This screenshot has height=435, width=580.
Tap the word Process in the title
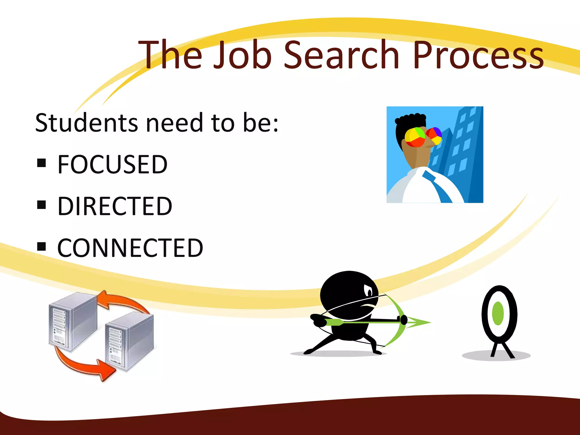click(x=478, y=54)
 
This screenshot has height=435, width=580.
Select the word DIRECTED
click(x=115, y=206)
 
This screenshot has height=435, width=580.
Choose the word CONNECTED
click(x=130, y=248)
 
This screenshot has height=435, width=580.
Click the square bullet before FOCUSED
click(x=41, y=163)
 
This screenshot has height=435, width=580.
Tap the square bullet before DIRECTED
click(x=41, y=204)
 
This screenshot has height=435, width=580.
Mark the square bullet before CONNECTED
click(x=41, y=246)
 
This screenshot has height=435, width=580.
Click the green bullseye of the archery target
click(x=498, y=314)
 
